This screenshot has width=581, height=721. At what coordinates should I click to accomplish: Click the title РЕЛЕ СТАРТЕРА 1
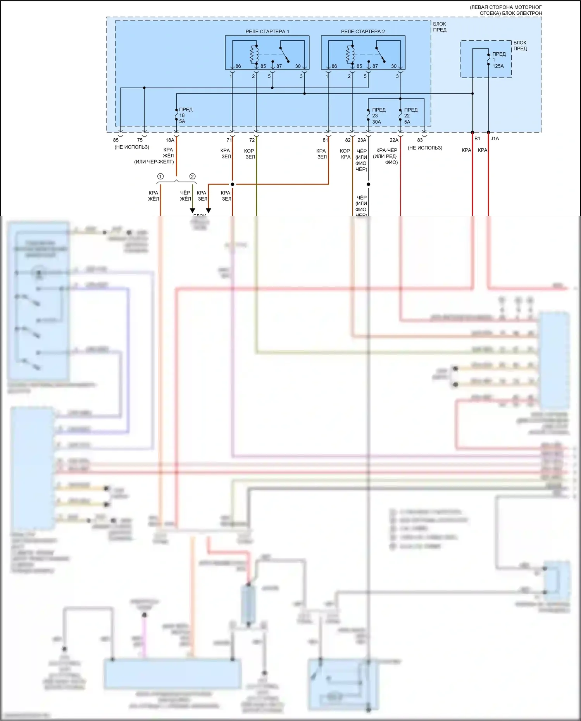pyautogui.click(x=267, y=31)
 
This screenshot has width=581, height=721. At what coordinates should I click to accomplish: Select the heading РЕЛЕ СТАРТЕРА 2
pyautogui.click(x=363, y=31)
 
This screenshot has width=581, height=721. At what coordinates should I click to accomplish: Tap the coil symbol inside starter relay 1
pyautogui.click(x=254, y=54)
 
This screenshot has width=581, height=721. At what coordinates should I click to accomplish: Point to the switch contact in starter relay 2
pyautogui.click(x=380, y=54)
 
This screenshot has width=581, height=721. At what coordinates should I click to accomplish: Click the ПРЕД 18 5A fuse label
pyautogui.click(x=185, y=115)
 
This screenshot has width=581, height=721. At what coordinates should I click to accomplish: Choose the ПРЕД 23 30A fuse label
pyautogui.click(x=378, y=116)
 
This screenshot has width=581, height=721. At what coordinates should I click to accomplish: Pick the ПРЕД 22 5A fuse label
pyautogui.click(x=410, y=116)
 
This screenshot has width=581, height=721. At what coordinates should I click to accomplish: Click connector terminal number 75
pyautogui.click(x=140, y=140)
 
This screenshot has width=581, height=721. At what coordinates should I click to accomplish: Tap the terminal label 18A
pyautogui.click(x=170, y=140)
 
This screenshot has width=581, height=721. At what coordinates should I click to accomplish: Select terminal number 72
pyautogui.click(x=252, y=140)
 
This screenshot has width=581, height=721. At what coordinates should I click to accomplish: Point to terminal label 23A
pyautogui.click(x=362, y=140)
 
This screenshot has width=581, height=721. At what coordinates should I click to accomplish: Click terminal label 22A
pyautogui.click(x=394, y=140)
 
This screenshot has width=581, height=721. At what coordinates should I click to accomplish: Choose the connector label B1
pyautogui.click(x=477, y=138)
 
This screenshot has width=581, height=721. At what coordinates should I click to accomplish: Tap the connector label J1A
pyautogui.click(x=495, y=138)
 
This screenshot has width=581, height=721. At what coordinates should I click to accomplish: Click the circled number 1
pyautogui.click(x=160, y=177)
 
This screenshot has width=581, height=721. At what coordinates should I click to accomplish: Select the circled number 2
pyautogui.click(x=192, y=177)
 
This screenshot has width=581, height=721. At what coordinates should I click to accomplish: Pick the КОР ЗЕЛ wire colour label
pyautogui.click(x=250, y=154)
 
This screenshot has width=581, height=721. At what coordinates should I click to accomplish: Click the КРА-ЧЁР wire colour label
pyautogui.click(x=386, y=150)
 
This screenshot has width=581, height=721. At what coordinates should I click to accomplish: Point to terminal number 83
pyautogui.click(x=420, y=140)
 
